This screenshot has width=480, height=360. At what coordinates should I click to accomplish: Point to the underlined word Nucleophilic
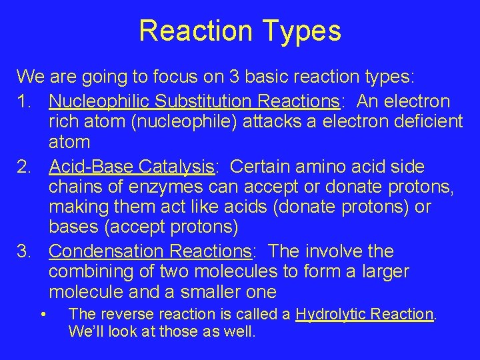[x=101, y=102]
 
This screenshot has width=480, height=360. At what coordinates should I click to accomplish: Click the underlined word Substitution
[x=199, y=102]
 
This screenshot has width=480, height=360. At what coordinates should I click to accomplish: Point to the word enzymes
[x=181, y=187]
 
